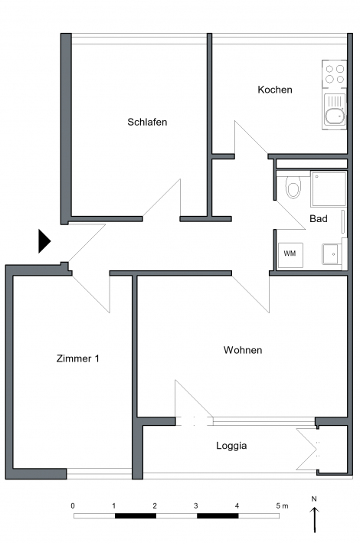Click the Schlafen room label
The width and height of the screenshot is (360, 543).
pos(147,122)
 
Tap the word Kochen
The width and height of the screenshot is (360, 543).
pos(275,90)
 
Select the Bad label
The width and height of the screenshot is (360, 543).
pos(319,219)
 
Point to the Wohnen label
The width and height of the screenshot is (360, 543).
pos(243,350)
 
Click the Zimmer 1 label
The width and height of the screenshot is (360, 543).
pos(78,358)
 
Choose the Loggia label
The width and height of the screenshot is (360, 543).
pos(231,446)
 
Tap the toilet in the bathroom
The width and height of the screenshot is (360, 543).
pos(293,187)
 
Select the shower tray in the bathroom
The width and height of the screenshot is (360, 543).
pos(329,189)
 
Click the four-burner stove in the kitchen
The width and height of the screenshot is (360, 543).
pos(335,74)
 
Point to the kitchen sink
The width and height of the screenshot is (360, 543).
pos(335,110)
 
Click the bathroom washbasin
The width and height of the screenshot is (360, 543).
pos(332,254)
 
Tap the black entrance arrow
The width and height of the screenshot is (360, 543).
pos(44,241)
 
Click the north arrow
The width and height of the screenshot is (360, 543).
pos(315,520)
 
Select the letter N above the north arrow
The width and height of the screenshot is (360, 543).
pos(314,499)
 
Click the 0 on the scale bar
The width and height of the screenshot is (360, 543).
pos(73,506)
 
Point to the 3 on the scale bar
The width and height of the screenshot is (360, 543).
pos(196,506)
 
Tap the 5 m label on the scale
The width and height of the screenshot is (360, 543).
pos(282,506)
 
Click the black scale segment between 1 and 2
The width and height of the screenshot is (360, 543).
pos(136,516)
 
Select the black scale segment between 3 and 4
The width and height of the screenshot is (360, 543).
pos(218,516)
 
